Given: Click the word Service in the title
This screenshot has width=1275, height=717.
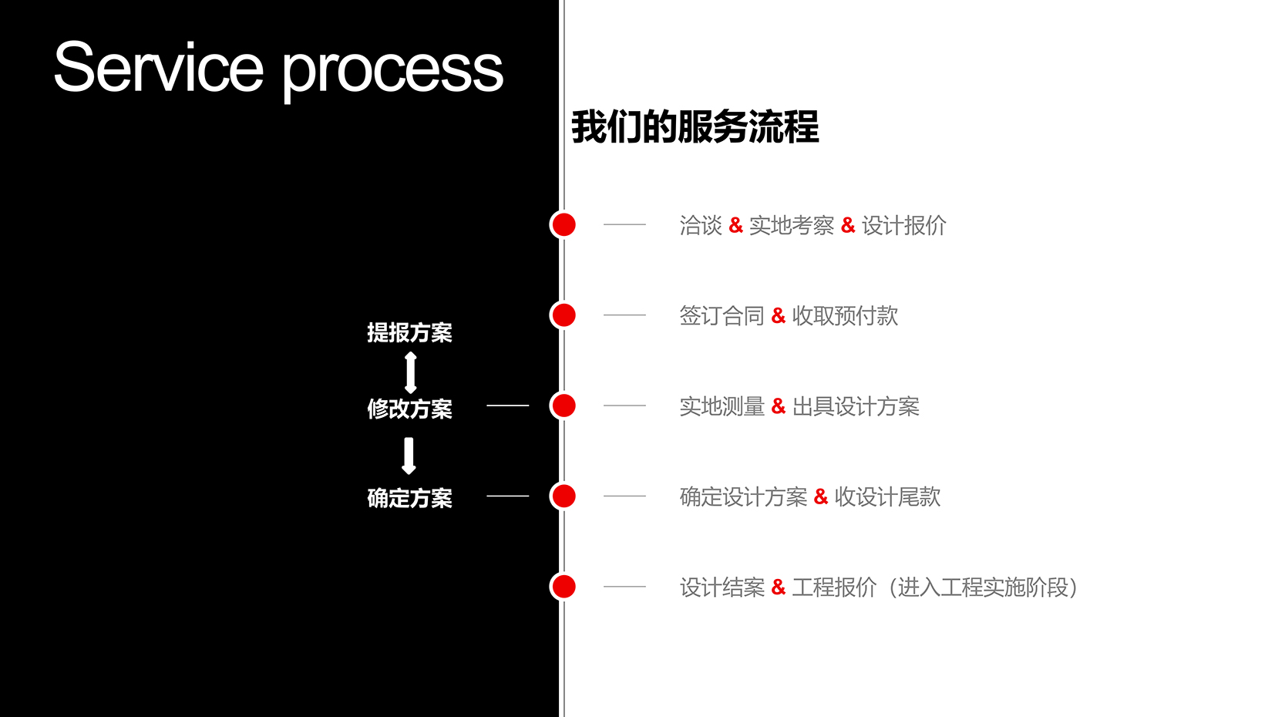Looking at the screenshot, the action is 159,66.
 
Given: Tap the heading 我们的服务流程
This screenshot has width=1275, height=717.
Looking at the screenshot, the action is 695,126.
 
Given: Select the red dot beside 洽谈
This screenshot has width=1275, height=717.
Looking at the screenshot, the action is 563,224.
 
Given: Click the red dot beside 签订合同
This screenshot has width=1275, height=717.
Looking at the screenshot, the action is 563,315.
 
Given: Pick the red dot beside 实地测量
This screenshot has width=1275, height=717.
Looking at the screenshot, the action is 563,406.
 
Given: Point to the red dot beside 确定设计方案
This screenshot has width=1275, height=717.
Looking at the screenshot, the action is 563,496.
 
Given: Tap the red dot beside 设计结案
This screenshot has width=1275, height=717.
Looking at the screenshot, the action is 563,587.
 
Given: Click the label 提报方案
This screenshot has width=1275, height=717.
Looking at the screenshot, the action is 410,332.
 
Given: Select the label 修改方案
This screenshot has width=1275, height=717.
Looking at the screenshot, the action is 410,409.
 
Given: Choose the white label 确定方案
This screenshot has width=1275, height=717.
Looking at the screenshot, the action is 410,498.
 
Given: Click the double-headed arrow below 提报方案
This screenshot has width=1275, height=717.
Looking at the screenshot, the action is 410,373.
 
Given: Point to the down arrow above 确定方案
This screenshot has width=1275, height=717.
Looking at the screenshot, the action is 409,456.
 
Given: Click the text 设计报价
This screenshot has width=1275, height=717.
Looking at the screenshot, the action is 904,226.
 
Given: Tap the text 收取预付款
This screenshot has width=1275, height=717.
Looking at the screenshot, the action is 846,316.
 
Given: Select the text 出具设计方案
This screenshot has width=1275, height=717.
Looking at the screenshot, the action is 856,406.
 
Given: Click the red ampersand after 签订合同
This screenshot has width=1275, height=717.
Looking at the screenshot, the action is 778,315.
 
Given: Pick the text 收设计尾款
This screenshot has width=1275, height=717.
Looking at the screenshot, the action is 887,497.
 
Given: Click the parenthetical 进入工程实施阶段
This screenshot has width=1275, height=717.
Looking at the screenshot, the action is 984,587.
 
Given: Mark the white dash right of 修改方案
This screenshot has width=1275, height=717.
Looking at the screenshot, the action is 508,406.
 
